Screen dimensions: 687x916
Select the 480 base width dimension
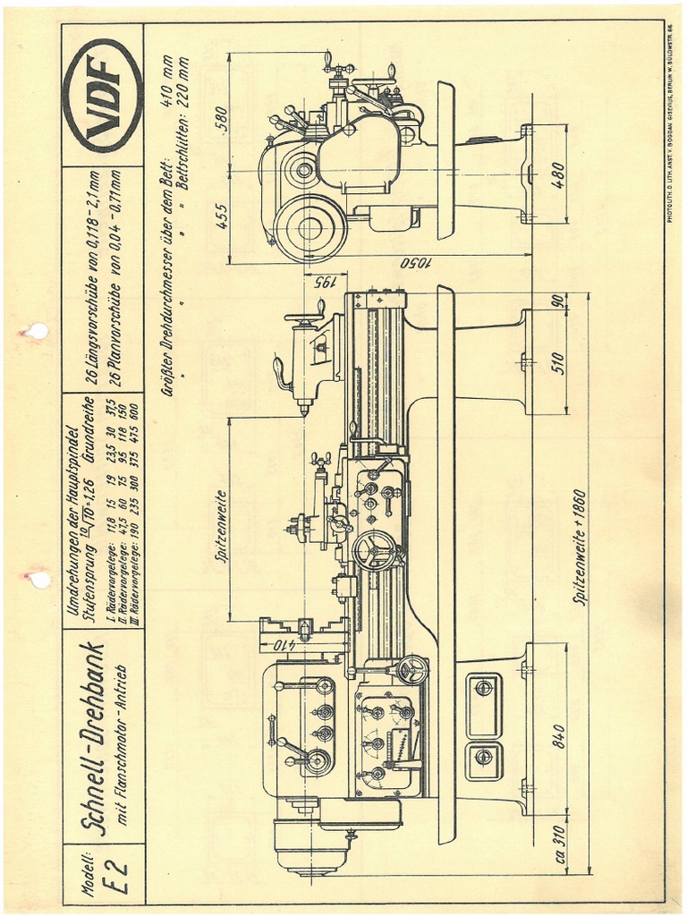tap(559, 174)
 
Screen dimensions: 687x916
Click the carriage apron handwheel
tap(374, 549)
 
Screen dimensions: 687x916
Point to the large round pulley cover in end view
tap(309, 228)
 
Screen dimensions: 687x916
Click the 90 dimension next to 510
tap(559, 301)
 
